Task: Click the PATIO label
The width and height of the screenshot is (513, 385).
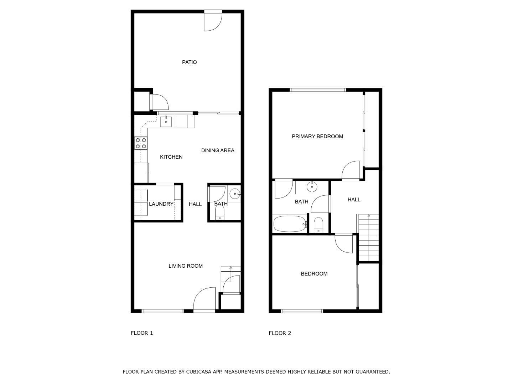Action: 189,62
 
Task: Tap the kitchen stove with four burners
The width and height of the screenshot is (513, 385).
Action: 141,143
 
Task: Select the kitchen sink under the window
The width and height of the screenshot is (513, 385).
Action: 166,122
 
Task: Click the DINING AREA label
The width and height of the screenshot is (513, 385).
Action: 218,150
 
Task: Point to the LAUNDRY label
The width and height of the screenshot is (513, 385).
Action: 161,204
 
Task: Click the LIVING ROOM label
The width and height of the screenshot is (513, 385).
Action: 186,266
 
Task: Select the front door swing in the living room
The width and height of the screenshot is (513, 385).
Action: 205,299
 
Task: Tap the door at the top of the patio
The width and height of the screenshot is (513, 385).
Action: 213,21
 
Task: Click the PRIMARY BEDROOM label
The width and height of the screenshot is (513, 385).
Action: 317,137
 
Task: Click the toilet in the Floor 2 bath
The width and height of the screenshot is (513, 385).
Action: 318,225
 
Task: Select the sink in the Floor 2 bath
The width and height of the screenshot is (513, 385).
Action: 312,186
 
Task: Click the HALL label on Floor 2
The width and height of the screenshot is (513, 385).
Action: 354,200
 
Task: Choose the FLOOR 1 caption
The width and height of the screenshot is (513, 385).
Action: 142,333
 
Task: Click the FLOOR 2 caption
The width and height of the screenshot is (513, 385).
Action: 280,333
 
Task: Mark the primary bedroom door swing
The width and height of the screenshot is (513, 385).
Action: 351,170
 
